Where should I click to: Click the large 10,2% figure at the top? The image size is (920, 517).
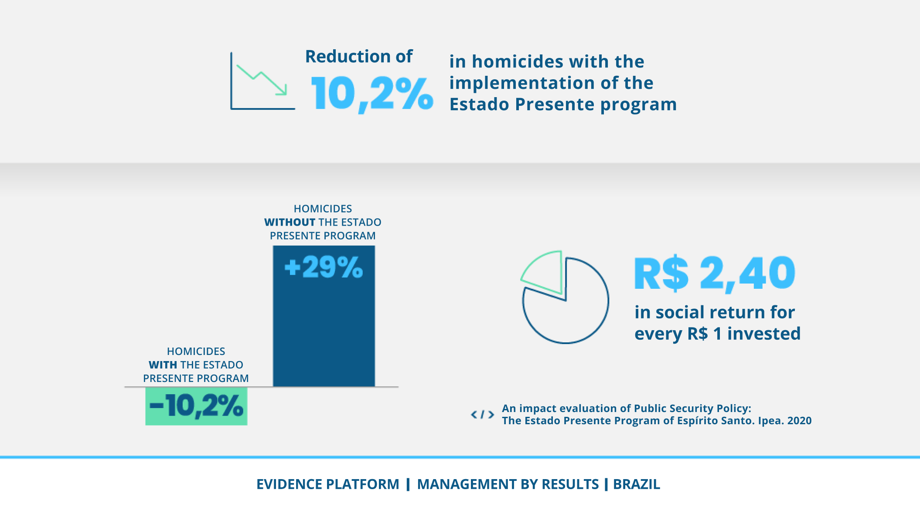point(371,93)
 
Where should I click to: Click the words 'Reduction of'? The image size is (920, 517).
point(358,57)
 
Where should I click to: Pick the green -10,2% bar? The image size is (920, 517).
point(196,406)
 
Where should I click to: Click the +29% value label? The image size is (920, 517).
point(324,267)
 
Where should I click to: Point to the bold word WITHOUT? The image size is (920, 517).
point(290,222)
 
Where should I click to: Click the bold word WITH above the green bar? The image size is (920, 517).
point(163,365)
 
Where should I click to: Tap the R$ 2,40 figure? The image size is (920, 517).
point(715,274)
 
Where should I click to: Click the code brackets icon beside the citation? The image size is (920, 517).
point(482,415)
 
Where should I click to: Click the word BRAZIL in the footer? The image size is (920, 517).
point(636,484)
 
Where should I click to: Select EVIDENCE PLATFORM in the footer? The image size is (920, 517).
point(327,484)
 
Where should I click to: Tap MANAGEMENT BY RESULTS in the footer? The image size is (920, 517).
point(508,484)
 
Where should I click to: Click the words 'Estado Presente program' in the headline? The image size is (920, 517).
point(563,105)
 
